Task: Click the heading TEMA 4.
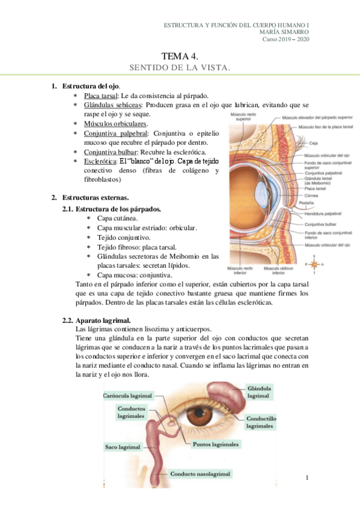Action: (180, 56)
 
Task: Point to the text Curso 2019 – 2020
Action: (285, 40)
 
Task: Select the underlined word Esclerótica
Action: (100, 162)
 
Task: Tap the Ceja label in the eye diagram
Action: (314, 143)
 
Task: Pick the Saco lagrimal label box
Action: (123, 447)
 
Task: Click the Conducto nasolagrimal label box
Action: (200, 474)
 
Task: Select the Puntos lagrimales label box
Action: (216, 445)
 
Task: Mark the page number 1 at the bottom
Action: (307, 478)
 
